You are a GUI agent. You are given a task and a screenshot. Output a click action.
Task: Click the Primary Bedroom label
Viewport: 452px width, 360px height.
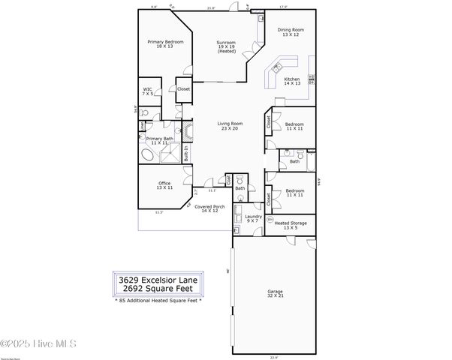[x=159, y=44]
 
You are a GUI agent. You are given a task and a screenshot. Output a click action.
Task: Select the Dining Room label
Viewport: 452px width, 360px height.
[x=290, y=32]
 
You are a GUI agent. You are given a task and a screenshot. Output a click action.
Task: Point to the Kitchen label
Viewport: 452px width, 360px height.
[x=291, y=81]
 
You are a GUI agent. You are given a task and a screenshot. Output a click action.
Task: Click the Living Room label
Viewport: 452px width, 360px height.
[x=230, y=126]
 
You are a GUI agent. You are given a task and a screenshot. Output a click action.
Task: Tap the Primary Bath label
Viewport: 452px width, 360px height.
[x=159, y=140]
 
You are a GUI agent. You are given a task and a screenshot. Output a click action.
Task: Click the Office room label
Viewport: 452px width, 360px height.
[x=164, y=185]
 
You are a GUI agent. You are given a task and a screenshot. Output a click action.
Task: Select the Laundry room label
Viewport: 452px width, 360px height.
[x=252, y=218]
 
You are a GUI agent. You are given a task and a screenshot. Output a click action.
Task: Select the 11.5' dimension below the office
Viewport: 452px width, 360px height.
[x=159, y=213]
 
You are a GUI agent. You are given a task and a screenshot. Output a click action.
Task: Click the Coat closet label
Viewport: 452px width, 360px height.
[x=228, y=180]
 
